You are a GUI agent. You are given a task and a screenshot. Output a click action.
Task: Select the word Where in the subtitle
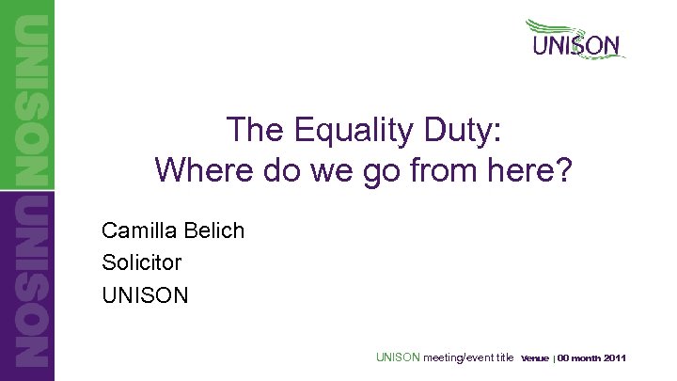click(197, 170)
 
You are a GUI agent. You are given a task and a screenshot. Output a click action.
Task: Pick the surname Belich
click(213, 230)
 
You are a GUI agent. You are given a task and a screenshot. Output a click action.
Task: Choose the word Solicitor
click(141, 262)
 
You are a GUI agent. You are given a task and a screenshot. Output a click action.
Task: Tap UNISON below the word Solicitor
click(145, 295)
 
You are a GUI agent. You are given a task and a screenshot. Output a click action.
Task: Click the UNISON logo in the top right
click(575, 45)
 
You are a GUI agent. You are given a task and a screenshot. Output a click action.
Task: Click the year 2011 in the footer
click(615, 358)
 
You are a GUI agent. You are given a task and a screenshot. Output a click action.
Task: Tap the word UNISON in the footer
click(398, 357)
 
